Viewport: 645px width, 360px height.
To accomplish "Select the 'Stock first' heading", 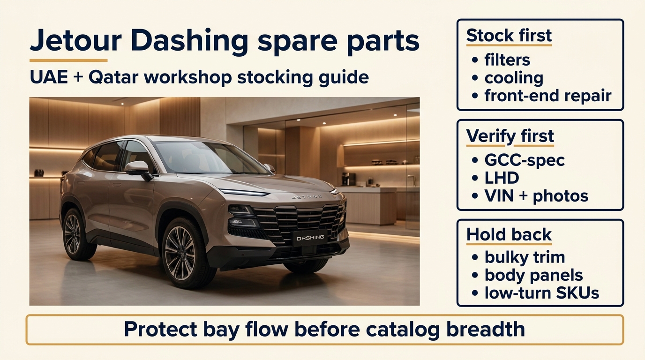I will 509,36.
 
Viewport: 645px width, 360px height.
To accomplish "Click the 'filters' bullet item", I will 507,60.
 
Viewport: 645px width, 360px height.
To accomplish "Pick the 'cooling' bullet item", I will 514,78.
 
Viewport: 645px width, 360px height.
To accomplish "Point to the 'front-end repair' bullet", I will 547,96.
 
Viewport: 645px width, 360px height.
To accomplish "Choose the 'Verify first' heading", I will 510,136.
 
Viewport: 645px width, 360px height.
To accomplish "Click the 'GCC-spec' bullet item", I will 524,160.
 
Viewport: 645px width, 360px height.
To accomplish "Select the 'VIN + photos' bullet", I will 536,196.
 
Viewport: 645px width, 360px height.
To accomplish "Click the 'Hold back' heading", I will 509,235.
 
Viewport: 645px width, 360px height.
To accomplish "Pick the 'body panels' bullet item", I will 533,275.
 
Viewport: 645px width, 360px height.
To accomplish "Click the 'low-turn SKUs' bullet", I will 541,293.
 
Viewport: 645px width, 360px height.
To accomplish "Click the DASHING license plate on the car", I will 310,238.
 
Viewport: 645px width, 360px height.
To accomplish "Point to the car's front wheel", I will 180,253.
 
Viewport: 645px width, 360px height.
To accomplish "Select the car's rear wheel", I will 73,234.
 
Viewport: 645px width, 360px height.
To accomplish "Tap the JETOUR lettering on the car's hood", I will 307,197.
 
